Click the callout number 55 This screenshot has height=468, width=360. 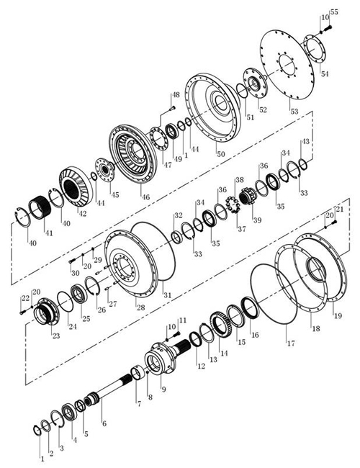click(x=334, y=12)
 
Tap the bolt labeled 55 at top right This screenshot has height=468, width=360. click(x=328, y=29)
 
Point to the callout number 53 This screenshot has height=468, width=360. click(x=294, y=112)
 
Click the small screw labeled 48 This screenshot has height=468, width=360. click(x=172, y=109)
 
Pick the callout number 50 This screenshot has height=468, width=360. click(x=220, y=154)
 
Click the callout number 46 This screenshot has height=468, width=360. click(x=145, y=197)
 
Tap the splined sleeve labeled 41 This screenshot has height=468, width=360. click(x=40, y=206)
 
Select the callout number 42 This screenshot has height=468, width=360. click(x=82, y=213)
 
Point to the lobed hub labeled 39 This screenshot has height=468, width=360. click(x=248, y=196)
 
